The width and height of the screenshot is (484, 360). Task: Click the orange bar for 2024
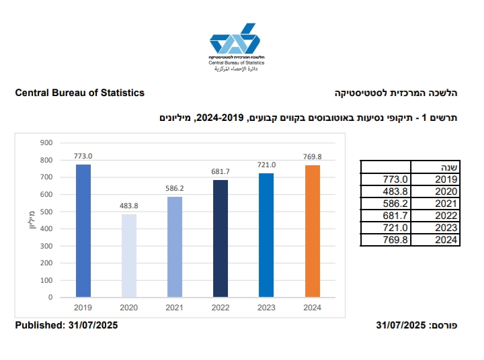point(313,230)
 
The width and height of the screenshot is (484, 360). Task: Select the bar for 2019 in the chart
point(83,230)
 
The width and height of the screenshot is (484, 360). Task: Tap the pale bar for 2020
point(129,255)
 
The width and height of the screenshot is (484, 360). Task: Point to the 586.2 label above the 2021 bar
point(175,189)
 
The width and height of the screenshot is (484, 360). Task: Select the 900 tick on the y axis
point(46,143)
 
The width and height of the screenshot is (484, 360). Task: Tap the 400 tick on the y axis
point(46,228)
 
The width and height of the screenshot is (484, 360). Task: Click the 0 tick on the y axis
point(50,297)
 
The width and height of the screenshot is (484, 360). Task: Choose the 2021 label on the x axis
point(175,308)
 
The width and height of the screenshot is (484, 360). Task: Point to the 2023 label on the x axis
point(267,308)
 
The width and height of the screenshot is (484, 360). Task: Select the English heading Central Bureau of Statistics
point(80,93)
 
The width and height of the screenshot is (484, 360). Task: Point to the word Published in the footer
point(39,325)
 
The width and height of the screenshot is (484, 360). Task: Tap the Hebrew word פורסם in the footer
point(444,326)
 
